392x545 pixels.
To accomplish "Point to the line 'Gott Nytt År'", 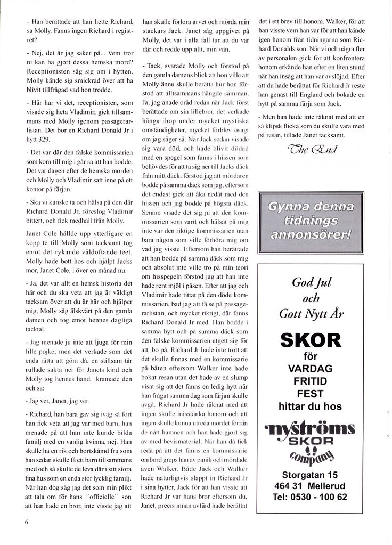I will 311,314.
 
